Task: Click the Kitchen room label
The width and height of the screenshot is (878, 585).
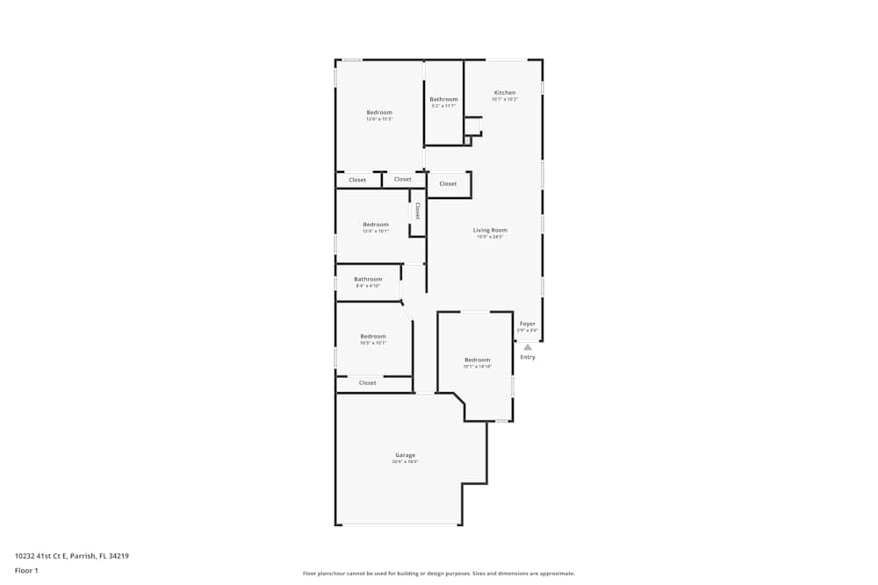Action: tap(504, 92)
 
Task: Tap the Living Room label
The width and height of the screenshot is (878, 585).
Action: tap(490, 230)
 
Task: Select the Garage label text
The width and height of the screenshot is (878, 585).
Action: tap(405, 455)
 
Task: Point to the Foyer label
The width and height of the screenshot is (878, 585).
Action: tap(527, 324)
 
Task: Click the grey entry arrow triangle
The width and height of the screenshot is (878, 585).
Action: tap(528, 347)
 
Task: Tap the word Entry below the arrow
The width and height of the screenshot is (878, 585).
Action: tap(528, 357)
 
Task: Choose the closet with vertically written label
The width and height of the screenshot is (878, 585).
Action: tap(418, 210)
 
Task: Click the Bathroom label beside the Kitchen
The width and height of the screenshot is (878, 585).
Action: tap(443, 99)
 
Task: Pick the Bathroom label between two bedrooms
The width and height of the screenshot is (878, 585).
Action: tap(368, 279)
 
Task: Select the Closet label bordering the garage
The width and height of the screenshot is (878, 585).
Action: tap(368, 382)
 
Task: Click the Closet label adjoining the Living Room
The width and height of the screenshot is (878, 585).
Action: tap(448, 184)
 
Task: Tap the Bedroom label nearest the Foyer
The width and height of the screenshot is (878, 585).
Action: tap(477, 360)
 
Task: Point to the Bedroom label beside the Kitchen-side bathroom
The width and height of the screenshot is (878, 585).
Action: tap(379, 112)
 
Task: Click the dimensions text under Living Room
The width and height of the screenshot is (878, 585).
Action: tap(490, 237)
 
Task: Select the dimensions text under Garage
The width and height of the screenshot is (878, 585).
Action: tap(405, 462)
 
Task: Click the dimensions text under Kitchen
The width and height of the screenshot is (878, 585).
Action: tap(504, 99)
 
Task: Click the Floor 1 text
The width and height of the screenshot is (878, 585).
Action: tap(26, 570)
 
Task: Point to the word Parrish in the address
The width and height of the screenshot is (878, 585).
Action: tap(80, 555)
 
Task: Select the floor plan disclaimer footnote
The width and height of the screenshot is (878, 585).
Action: tap(439, 574)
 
